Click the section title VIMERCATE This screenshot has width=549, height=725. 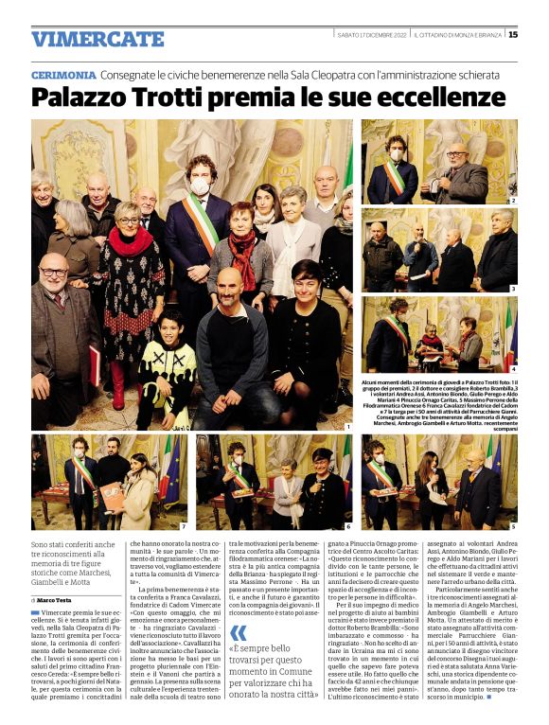97,39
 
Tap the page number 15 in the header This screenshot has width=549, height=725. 513,35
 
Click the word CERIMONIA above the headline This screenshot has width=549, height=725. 63,75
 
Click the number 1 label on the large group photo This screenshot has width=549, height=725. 348,428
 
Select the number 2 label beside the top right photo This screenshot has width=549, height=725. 513,201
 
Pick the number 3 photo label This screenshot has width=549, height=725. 513,288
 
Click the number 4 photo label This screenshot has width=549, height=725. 513,368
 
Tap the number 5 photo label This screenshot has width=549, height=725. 513,525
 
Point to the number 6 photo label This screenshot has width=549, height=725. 348,525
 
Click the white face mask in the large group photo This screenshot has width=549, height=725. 201,187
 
